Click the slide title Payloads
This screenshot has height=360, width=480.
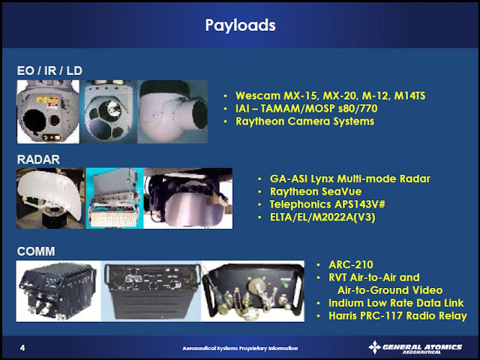click(x=240, y=25)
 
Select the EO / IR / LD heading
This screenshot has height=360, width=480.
click(x=49, y=70)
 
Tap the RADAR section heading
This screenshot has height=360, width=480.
click(x=38, y=159)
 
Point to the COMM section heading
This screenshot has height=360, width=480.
click(x=36, y=251)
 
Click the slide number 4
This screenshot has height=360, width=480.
click(x=22, y=348)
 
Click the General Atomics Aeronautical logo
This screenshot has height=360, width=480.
click(x=415, y=348)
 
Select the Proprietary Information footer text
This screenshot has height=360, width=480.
click(x=240, y=348)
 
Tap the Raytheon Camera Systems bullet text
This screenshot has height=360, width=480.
click(x=305, y=121)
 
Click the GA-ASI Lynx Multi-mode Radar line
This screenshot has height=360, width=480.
click(x=350, y=178)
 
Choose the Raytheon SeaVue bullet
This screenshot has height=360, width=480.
click(x=316, y=191)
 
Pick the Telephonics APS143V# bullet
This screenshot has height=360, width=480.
click(x=327, y=204)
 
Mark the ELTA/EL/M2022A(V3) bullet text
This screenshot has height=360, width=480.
click(x=322, y=217)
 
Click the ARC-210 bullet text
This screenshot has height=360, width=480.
click(x=351, y=265)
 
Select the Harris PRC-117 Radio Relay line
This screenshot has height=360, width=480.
click(x=397, y=316)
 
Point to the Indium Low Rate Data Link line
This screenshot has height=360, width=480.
click(x=396, y=303)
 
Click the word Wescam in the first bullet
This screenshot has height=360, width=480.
click(x=258, y=95)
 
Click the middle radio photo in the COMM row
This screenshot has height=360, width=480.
click(x=151, y=291)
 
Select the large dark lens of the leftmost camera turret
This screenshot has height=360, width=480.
click(x=34, y=121)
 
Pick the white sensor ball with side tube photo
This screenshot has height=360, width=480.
click(x=172, y=112)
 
